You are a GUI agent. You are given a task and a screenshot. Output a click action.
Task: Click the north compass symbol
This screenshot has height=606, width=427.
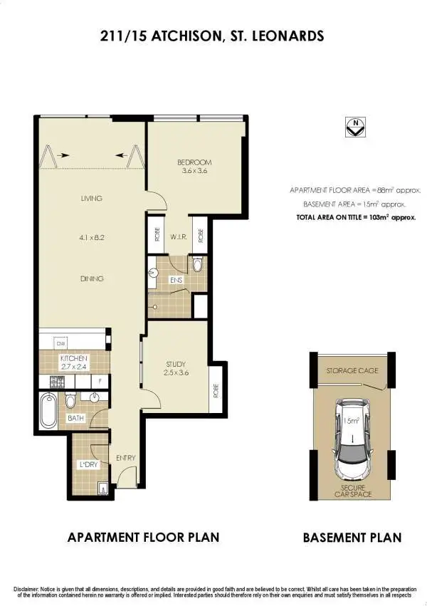pos(354,127)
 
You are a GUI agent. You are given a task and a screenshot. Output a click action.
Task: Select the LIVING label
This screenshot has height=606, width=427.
pos(92,198)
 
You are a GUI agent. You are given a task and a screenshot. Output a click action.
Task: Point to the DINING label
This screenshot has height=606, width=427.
pos(92,278)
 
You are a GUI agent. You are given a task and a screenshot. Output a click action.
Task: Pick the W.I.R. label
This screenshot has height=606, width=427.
pos(178,236)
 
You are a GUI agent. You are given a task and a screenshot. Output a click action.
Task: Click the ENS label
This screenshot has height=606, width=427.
pos(176,280)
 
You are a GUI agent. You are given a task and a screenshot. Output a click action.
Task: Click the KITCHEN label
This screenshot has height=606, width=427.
pos(73,358)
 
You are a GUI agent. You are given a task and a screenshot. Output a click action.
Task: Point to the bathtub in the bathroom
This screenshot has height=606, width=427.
pos(50,404)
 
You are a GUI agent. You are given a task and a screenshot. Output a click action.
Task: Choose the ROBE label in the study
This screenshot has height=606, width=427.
pos(216,390)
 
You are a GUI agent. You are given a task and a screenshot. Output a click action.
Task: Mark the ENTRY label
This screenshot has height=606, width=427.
pos(125,457)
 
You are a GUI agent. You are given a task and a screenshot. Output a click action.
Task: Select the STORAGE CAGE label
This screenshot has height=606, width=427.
pos(352,371)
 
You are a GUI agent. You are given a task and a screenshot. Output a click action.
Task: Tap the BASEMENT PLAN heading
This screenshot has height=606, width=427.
pos(352,538)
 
